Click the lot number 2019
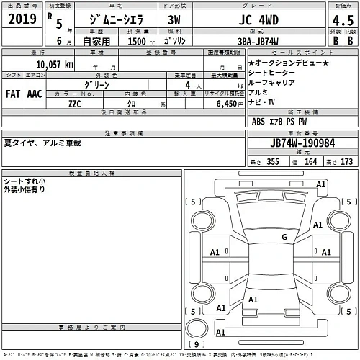click(x=22, y=19)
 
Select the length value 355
click(x=271, y=162)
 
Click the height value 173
click(x=348, y=162)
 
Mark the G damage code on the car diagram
click(x=284, y=237)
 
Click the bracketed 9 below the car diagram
click(x=193, y=344)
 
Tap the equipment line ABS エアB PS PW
click(x=279, y=122)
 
